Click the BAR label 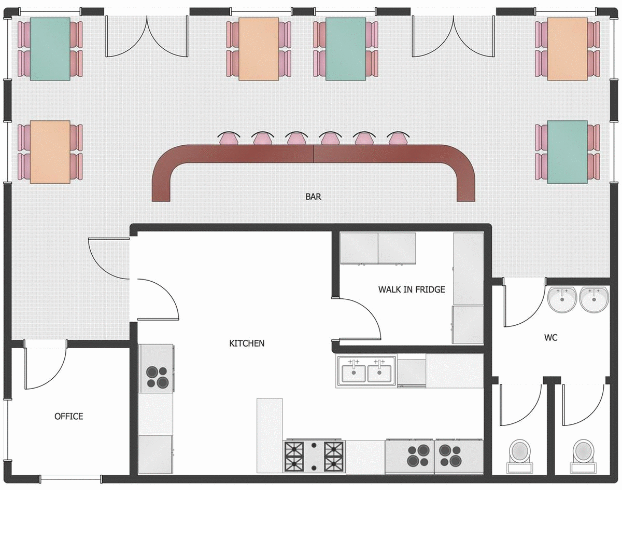[x=313, y=197]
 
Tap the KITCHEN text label [x=247, y=343]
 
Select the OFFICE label [x=69, y=417]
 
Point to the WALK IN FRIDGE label [x=412, y=290]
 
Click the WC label [x=551, y=338]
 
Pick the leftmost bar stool [x=229, y=138]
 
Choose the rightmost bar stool [x=398, y=138]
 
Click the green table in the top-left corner [x=50, y=49]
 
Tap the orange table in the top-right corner [x=568, y=49]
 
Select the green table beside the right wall [x=568, y=152]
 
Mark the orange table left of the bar [x=50, y=152]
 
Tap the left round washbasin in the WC [x=562, y=300]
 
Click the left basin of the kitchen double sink [x=354, y=372]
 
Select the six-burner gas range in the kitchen [x=314, y=457]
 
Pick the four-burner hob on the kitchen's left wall [x=156, y=369]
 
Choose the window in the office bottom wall [x=70, y=478]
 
